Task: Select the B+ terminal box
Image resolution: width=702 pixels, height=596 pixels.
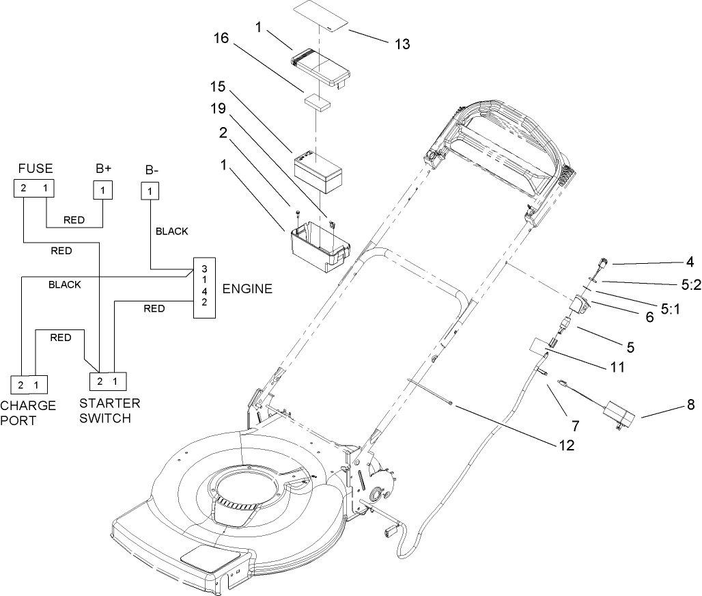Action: (x=102, y=189)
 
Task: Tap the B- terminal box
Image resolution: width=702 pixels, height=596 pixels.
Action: (x=148, y=191)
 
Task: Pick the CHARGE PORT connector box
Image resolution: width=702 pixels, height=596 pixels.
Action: (x=28, y=385)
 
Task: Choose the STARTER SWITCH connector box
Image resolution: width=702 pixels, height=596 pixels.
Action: (x=108, y=381)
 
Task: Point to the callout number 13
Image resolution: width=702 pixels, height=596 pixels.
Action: (x=402, y=44)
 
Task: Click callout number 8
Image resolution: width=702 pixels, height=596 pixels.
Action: (x=690, y=405)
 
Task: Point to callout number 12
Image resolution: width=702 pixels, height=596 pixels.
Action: (x=565, y=444)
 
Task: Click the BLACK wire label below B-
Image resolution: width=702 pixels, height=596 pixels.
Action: (x=171, y=231)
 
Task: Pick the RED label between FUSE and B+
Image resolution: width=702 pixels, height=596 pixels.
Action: (x=73, y=221)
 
